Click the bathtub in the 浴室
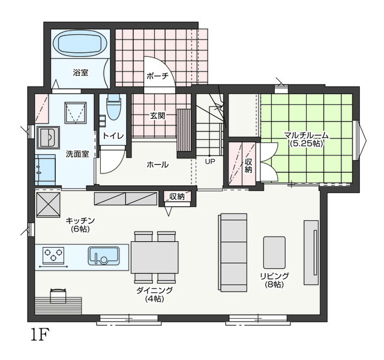80,44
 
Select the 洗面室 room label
77,154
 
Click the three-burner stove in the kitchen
53,254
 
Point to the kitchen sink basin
104,256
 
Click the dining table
155,257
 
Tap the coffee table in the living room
274,252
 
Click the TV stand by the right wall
311,253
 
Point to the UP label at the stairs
210,161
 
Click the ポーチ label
158,76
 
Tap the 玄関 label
158,116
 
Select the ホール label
157,164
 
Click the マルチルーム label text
306,135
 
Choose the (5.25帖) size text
305,143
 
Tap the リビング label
275,276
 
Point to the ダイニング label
155,290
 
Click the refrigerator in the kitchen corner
48,205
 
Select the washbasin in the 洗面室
48,138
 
